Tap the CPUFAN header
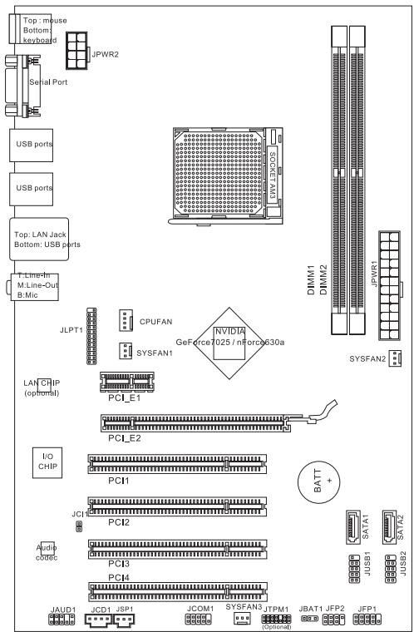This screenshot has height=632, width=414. pos(123,319)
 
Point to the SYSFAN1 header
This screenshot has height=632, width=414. pos(121,353)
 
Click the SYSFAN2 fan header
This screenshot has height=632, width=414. pos(392,358)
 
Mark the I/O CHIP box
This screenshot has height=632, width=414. pos(46,462)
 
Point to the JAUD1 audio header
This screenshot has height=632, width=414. pos(62,620)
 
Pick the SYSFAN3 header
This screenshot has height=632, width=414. pos(242,620)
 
